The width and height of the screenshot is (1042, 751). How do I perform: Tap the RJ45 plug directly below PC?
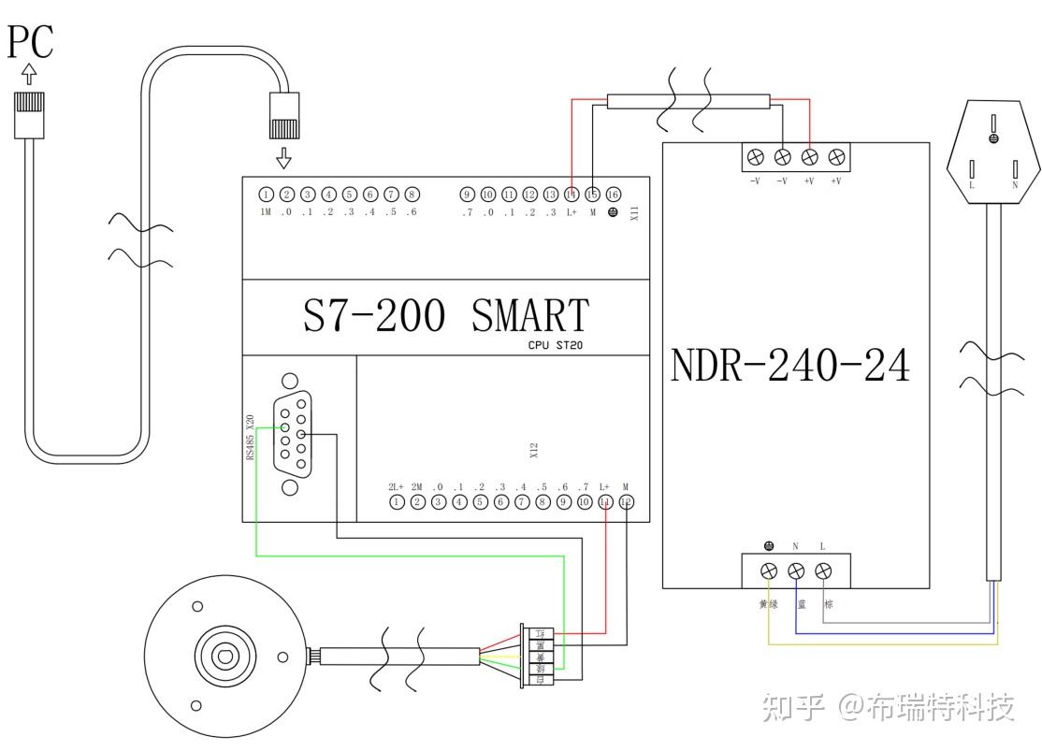(30, 114)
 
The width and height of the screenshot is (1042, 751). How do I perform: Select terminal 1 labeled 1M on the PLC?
(267, 195)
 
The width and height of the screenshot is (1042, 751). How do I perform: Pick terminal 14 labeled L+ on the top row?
(572, 195)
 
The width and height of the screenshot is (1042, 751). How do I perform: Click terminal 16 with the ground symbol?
(614, 195)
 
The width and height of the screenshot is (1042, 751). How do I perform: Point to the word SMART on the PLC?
(529, 316)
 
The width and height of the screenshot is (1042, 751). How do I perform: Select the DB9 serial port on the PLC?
(290, 435)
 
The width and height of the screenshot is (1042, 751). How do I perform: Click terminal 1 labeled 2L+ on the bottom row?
(397, 502)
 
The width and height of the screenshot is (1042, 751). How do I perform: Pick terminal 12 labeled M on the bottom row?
(626, 502)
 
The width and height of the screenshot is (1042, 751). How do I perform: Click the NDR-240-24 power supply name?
(789, 367)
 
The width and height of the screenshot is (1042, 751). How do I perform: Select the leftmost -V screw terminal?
(756, 157)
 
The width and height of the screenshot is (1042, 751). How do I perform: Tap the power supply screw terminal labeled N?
(796, 570)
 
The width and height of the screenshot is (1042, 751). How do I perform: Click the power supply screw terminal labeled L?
(823, 570)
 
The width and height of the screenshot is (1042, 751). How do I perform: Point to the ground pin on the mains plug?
(993, 138)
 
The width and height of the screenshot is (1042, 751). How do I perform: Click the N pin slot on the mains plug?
(1016, 169)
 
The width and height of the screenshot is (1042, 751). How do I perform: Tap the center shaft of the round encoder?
(224, 655)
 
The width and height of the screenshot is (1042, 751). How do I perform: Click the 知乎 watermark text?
(793, 707)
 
